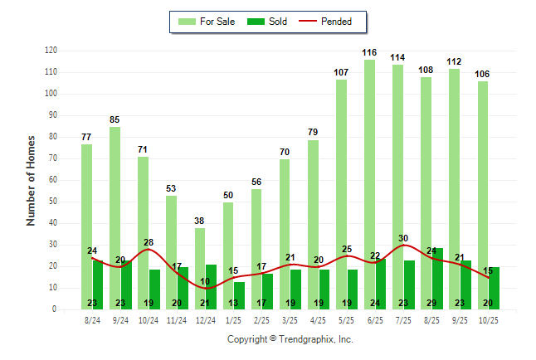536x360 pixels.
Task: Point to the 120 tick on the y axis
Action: coord(51,51)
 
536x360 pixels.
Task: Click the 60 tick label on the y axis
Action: coord(52,180)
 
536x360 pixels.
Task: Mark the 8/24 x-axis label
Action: coord(92,319)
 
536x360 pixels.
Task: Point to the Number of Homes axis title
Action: coord(31,180)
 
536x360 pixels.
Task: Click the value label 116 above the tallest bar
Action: coord(369,53)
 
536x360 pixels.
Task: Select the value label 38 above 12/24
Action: coord(200,221)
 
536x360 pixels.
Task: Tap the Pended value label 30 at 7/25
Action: coord(403,239)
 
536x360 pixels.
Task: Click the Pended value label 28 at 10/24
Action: coord(149,243)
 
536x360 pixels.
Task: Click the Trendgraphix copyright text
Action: coord(290,339)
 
